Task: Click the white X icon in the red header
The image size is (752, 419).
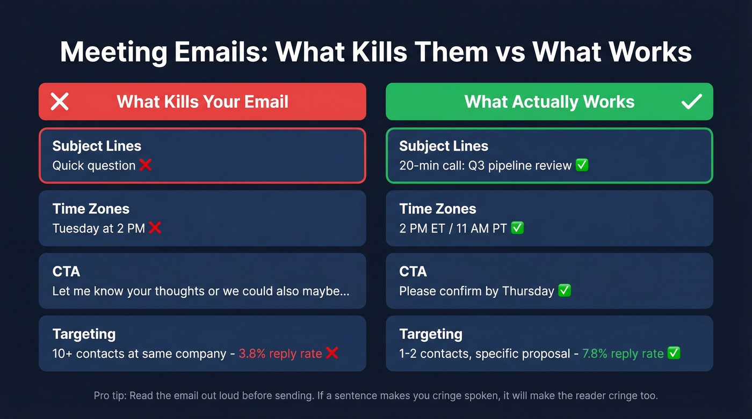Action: click(60, 101)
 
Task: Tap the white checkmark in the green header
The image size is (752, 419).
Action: click(691, 101)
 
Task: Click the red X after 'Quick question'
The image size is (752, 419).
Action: click(146, 165)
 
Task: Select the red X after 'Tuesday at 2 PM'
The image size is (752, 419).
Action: click(155, 228)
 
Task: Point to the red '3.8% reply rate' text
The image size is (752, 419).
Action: click(280, 354)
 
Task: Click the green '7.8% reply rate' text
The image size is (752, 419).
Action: click(623, 354)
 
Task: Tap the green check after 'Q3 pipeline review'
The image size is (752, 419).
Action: click(582, 165)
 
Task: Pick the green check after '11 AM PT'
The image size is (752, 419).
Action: click(517, 228)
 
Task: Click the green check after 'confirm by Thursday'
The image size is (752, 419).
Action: click(564, 291)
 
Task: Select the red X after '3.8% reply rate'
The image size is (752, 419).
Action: click(332, 353)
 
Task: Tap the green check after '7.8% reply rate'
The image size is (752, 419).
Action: click(674, 353)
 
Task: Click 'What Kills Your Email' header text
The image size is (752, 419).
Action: click(203, 101)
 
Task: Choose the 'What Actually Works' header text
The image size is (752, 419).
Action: click(549, 101)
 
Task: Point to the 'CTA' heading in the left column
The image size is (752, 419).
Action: click(67, 271)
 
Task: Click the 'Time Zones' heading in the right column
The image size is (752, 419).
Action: click(438, 209)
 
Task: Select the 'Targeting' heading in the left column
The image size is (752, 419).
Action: click(84, 334)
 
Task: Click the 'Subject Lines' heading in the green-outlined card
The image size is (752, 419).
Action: click(444, 146)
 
